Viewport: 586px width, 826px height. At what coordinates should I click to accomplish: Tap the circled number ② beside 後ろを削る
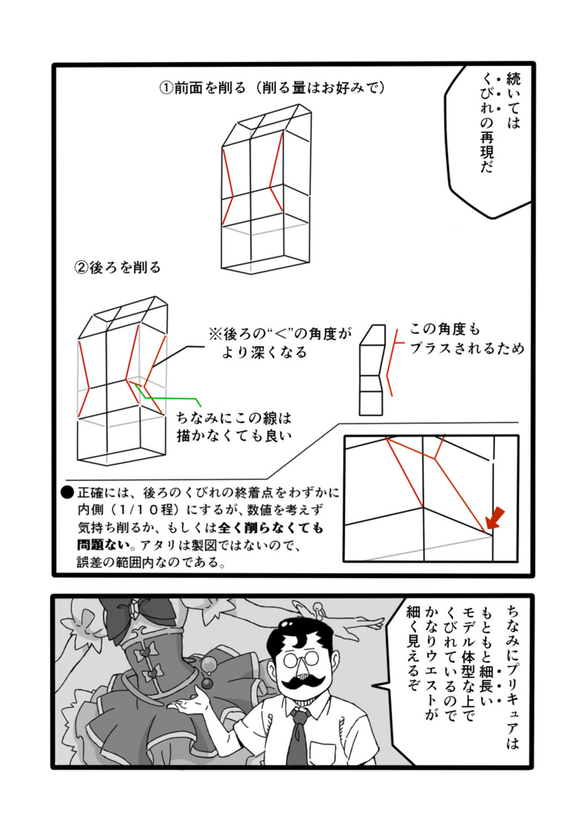[81, 267]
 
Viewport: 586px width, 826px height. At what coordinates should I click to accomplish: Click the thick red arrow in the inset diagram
[495, 518]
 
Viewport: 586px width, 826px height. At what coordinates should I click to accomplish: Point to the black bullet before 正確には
[68, 493]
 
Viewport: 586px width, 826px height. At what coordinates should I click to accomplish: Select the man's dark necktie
[298, 735]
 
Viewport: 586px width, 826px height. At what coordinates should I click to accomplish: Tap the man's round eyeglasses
[301, 659]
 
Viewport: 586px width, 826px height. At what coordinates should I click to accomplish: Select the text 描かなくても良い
[235, 436]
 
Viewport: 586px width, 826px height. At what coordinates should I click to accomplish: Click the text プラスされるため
[467, 349]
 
